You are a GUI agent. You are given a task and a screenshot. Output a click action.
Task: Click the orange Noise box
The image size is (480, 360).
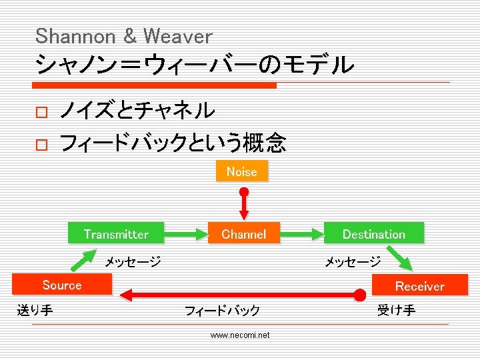(241, 171)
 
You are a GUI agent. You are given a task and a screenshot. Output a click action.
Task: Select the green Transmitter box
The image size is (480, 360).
(116, 234)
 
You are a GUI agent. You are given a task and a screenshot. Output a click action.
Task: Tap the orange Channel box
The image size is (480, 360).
(243, 234)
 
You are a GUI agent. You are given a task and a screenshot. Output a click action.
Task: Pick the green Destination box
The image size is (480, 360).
(373, 234)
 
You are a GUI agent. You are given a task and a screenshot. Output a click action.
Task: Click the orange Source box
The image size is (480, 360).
(61, 285)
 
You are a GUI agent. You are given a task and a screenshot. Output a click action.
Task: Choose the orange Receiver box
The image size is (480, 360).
(419, 286)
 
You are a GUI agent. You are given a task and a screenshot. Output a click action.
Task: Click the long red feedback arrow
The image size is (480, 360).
(240, 293)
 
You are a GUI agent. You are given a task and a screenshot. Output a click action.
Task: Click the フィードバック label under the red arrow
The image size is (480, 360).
(222, 310)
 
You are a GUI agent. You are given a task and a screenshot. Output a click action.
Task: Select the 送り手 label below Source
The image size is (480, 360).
(35, 309)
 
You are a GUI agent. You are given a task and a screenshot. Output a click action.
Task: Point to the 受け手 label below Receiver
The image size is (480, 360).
(396, 309)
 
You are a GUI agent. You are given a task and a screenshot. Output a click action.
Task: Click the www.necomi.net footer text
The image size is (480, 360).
(240, 335)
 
